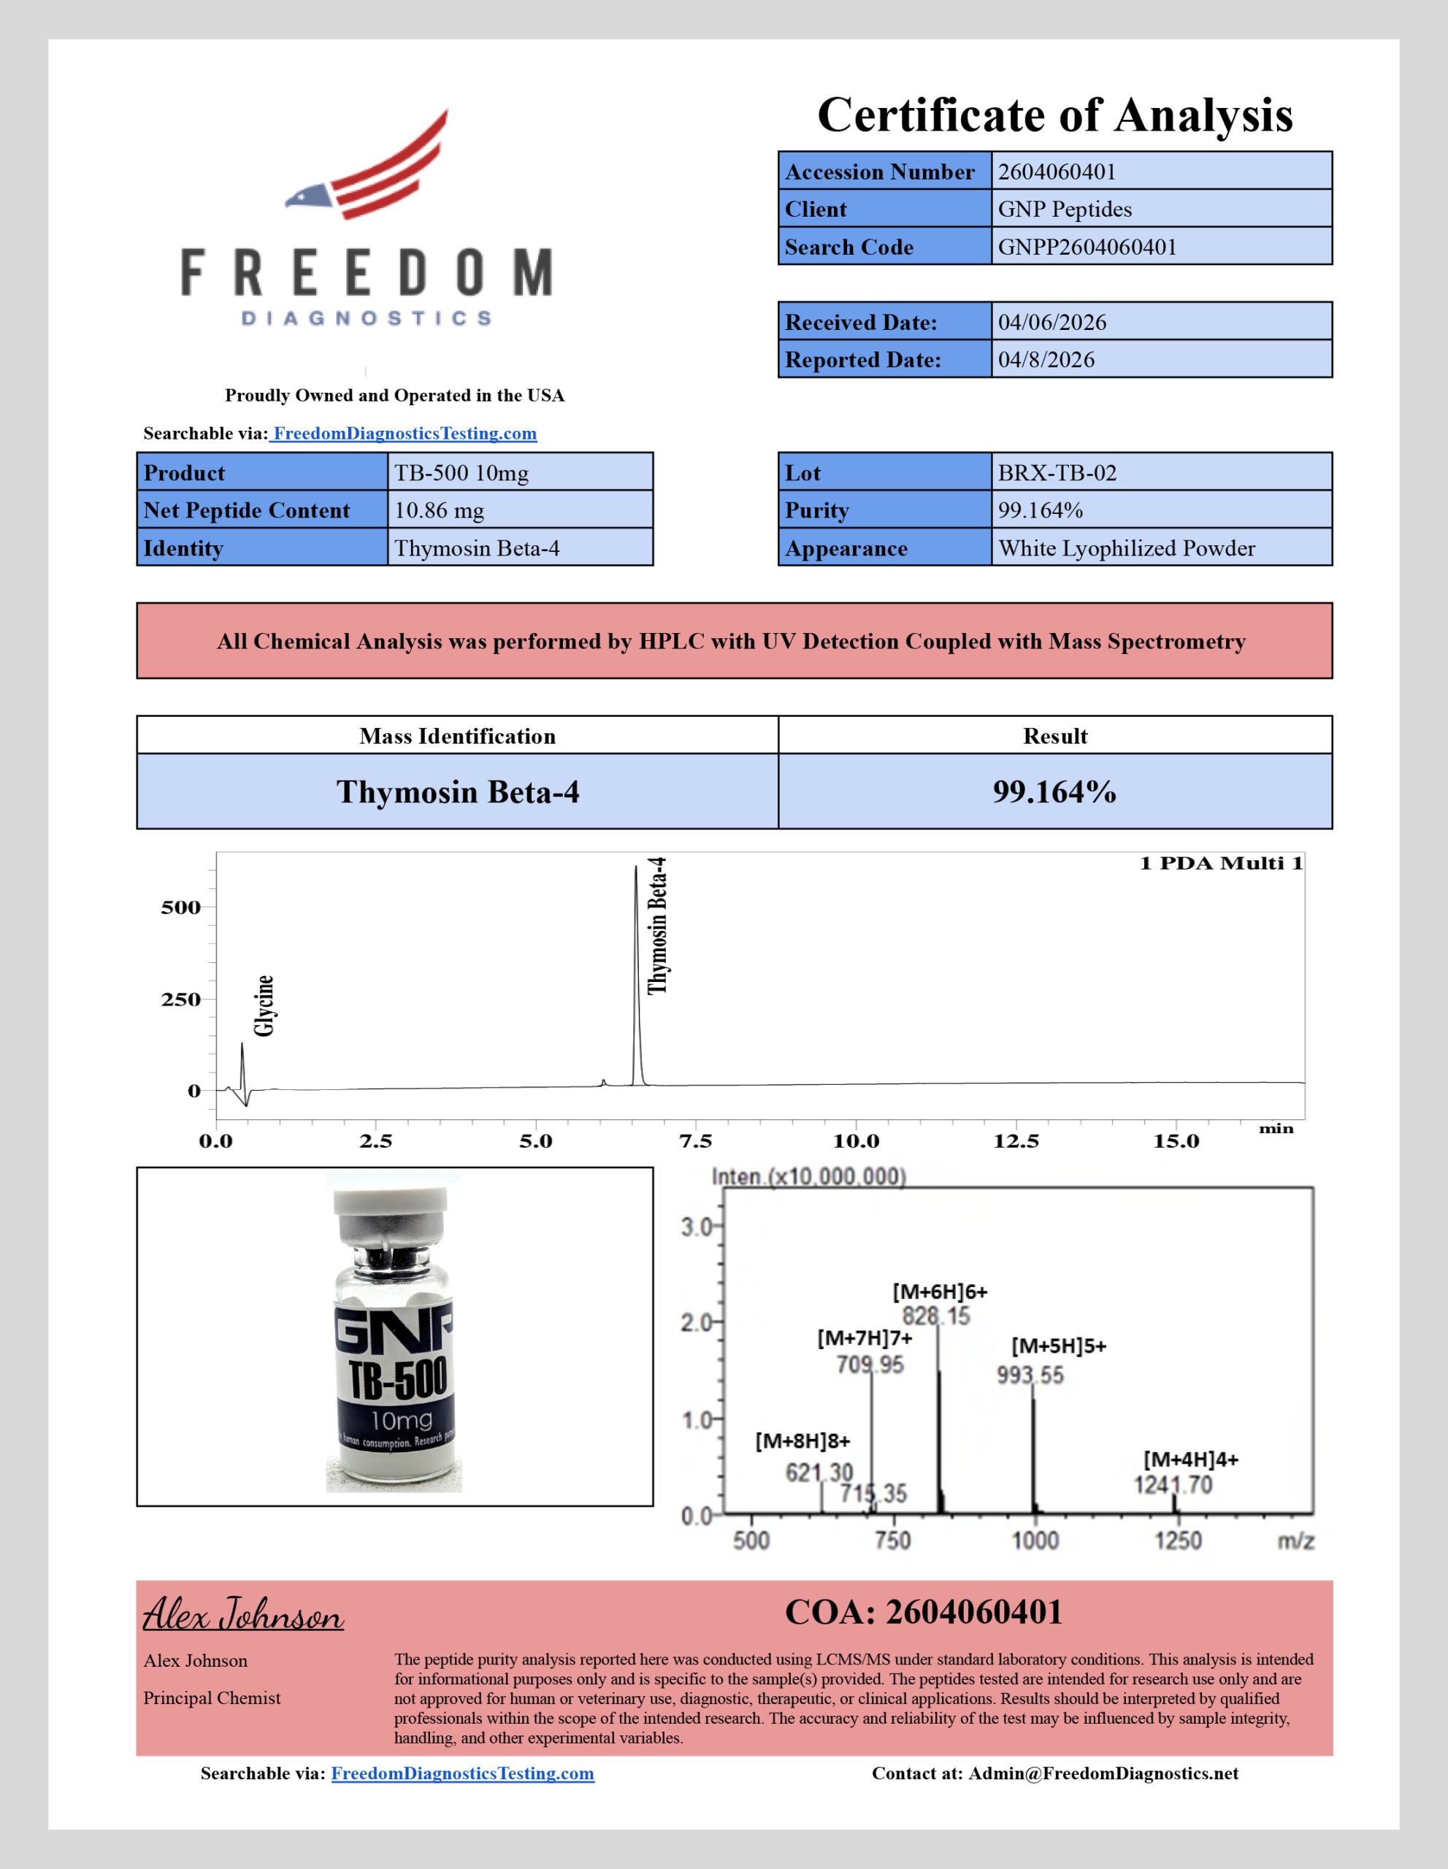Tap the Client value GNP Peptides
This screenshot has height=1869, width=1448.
1065,209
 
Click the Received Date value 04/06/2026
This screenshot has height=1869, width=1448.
1051,322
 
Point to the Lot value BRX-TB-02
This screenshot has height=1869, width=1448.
1057,472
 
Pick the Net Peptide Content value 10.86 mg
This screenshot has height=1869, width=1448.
439,510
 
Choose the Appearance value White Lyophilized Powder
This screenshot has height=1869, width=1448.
1126,548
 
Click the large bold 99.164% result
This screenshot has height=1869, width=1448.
1054,791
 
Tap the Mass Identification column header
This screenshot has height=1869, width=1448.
457,736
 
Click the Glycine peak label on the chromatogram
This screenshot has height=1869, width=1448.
264,1005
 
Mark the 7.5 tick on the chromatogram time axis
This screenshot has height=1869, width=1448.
695,1140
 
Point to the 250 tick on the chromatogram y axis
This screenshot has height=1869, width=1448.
180,999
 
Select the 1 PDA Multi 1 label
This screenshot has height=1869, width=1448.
1221,863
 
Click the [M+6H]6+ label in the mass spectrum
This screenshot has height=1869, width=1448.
940,1292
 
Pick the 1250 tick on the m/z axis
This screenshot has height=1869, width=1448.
1179,1540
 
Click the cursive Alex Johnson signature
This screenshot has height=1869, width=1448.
243,1615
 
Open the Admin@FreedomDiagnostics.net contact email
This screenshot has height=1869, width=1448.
1103,1773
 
